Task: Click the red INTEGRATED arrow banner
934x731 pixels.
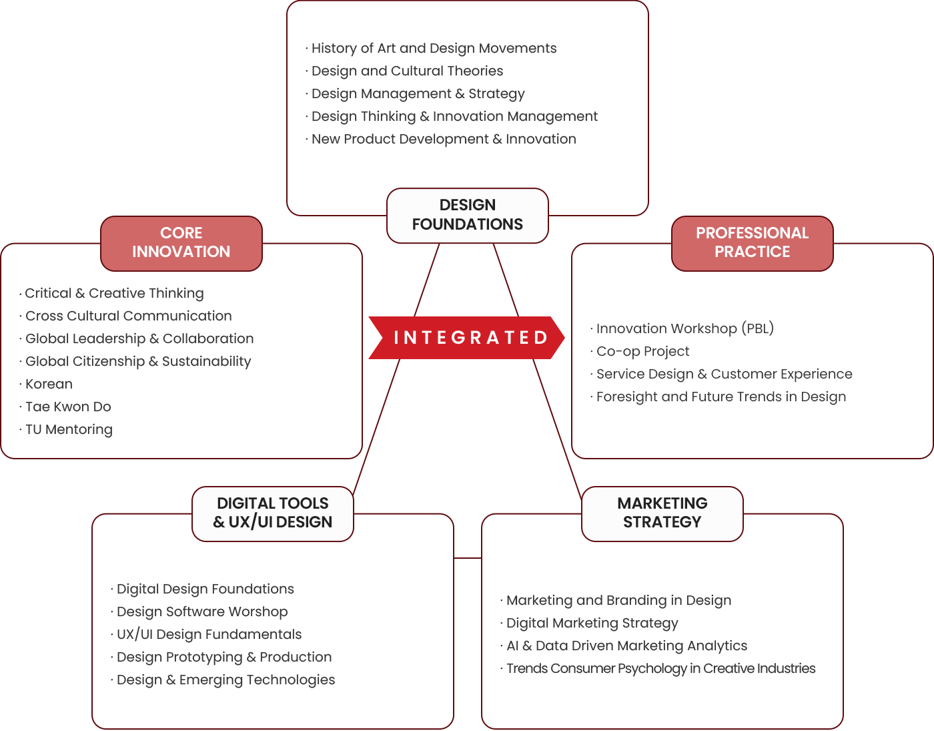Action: click(467, 338)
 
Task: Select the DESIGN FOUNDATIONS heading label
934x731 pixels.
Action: click(468, 215)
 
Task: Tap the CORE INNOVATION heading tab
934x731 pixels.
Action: click(181, 243)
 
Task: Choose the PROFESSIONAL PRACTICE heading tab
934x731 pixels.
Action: click(752, 243)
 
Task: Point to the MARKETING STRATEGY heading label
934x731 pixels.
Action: click(662, 513)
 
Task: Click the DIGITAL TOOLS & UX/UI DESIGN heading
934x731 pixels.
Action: click(273, 513)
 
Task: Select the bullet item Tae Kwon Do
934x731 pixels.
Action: click(68, 407)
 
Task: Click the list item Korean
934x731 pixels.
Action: click(49, 384)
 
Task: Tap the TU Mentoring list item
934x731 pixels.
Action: click(69, 429)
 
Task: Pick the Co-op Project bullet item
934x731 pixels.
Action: click(642, 351)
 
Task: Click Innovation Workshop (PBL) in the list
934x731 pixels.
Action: click(684, 328)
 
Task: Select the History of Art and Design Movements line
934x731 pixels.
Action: click(434, 48)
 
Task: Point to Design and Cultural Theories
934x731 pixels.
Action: click(407, 71)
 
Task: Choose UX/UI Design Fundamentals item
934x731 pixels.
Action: click(209, 634)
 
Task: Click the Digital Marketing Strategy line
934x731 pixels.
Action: click(592, 623)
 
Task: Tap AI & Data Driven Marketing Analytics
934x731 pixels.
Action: click(626, 646)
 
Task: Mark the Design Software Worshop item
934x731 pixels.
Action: click(202, 612)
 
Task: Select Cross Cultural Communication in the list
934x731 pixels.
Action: click(128, 316)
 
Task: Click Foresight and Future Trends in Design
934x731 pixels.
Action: click(721, 397)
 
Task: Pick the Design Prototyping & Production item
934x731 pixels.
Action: click(224, 657)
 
